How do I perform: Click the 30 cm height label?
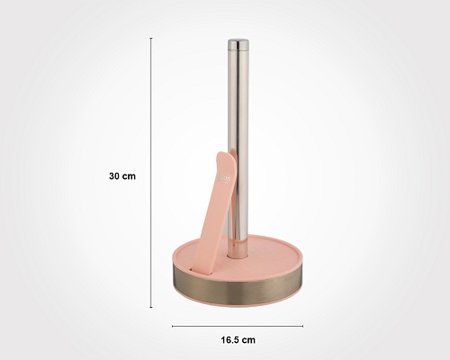click(121, 176)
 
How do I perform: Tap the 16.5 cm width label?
click(238, 339)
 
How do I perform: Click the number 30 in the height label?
click(114, 176)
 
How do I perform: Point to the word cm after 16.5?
click(249, 339)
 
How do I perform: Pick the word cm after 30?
click(129, 176)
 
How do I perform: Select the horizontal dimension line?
click(238, 326)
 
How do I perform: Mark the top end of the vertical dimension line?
click(150, 38)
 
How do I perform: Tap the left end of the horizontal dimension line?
click(173, 326)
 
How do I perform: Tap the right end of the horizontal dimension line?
click(303, 326)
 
